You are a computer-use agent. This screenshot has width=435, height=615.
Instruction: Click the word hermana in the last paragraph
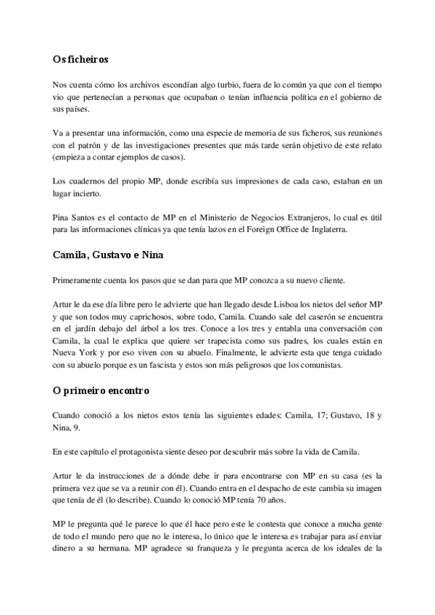[120, 564]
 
